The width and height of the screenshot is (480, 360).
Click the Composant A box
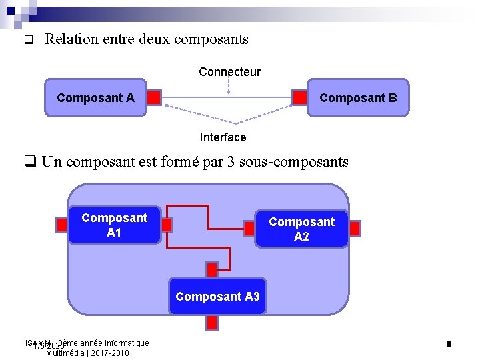[95, 98]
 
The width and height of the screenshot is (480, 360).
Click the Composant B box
[358, 98]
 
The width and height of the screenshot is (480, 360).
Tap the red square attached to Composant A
[154, 98]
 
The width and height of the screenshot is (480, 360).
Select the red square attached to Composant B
[300, 98]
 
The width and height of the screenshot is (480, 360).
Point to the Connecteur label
[229, 72]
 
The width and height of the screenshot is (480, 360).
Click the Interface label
[223, 137]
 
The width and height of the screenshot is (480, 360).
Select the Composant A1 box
[114, 225]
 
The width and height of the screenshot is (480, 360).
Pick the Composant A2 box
[301, 229]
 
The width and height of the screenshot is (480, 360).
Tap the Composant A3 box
[217, 297]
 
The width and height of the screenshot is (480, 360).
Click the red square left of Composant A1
[61, 225]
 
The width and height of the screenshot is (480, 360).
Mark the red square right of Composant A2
[355, 229]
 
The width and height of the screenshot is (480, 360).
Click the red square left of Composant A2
[249, 228]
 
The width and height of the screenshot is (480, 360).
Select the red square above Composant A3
[212, 269]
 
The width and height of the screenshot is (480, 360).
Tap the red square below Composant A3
[212, 323]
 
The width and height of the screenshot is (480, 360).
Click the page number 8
[449, 344]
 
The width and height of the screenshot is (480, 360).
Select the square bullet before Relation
[28, 40]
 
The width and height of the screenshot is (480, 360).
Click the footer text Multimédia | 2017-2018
[87, 353]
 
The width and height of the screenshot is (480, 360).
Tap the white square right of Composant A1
[167, 225]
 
